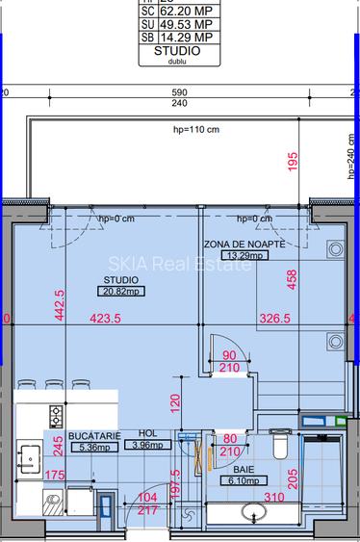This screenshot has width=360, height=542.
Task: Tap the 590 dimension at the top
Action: click(x=179, y=92)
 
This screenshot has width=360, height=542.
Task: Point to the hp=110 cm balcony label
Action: click(x=195, y=127)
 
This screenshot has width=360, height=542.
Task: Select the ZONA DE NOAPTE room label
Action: click(x=244, y=245)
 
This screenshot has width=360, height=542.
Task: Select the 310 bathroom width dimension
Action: click(x=276, y=498)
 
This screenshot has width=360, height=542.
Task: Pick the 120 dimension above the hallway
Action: click(x=175, y=401)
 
